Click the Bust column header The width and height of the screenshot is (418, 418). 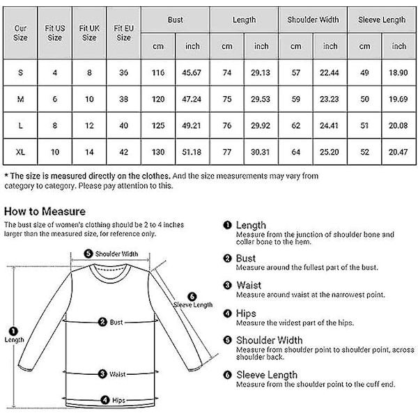176,20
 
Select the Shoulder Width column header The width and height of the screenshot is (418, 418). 313,20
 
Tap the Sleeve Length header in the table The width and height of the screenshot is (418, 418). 382,20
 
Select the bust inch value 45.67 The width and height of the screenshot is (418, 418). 192,72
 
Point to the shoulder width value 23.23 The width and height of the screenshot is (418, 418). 330,99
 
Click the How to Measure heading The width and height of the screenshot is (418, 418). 45,211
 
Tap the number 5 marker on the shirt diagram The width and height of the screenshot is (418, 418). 88,254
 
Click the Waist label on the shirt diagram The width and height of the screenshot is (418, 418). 116,374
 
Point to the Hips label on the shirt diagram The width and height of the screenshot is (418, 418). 118,401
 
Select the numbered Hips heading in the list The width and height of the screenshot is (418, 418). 247,313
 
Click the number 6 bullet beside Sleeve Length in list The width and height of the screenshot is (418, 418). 228,375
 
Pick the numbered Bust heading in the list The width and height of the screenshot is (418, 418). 246,258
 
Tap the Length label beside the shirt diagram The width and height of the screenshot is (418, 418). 14,340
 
